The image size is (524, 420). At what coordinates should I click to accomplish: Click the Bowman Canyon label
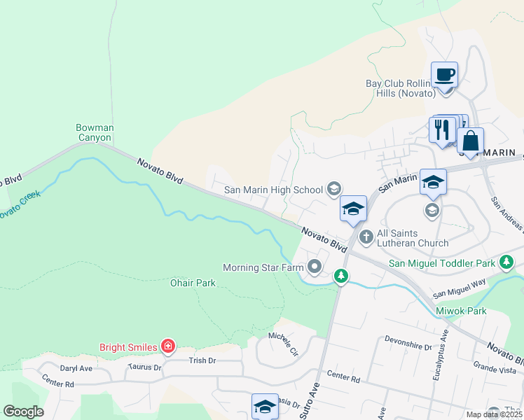[95, 132]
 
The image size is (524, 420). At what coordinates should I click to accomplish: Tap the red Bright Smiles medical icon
[167, 346]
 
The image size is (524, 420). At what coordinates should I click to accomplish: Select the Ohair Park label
[193, 283]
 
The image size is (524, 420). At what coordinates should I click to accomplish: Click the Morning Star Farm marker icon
[315, 266]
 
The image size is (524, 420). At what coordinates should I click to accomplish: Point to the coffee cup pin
[445, 73]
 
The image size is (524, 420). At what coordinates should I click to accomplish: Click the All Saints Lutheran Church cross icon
[366, 238]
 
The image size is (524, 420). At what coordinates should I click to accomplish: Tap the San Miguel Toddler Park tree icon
[506, 263]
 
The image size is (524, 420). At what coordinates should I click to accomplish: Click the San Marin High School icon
[334, 188]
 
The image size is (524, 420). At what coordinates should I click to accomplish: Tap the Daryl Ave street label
[76, 368]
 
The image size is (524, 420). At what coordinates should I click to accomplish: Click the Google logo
[24, 412]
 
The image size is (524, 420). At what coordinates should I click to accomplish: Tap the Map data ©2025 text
[493, 414]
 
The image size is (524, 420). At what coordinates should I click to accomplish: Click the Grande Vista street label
[494, 365]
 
